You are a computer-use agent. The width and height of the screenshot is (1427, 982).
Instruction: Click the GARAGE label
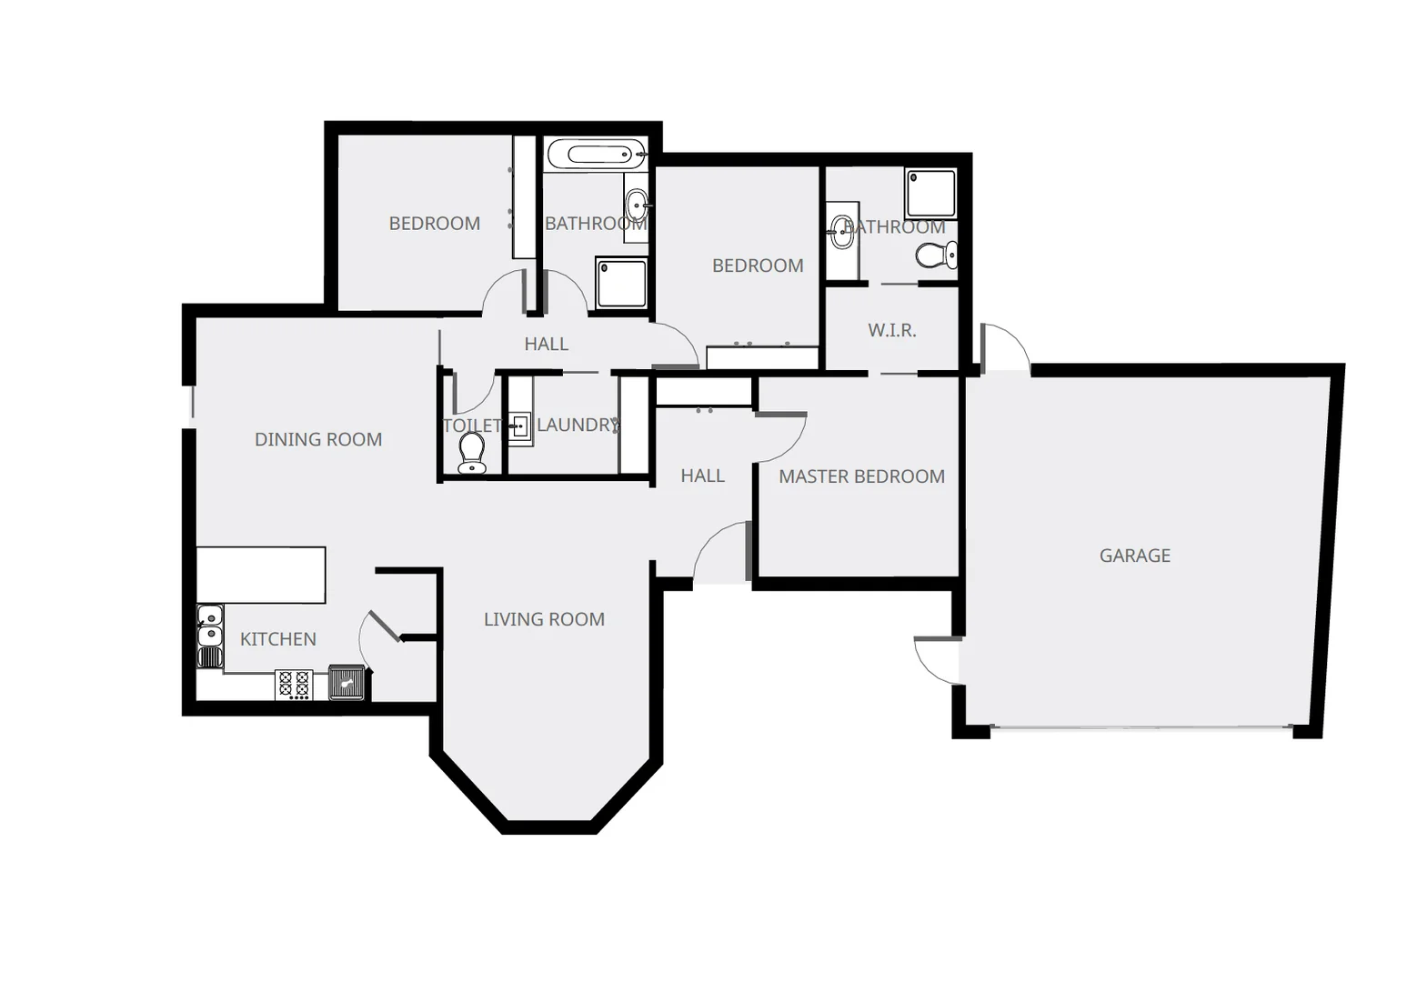(x=1134, y=556)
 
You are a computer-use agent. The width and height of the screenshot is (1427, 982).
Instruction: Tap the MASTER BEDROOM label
(x=861, y=476)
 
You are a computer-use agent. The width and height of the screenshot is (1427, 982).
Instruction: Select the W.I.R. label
(x=891, y=330)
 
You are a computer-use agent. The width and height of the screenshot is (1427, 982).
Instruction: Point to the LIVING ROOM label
(x=544, y=619)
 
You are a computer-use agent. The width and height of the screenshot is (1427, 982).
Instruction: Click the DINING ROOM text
(x=317, y=439)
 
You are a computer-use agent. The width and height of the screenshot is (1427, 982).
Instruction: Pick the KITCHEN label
(x=277, y=639)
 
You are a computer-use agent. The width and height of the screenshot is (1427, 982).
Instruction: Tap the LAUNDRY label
(x=577, y=425)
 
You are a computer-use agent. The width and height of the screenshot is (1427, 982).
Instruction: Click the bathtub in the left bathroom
(x=596, y=154)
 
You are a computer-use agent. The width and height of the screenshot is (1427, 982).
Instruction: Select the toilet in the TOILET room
(x=471, y=452)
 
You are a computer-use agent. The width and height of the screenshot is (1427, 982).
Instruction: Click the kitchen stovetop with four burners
(x=294, y=684)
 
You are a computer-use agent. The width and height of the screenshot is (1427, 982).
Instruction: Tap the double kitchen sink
(x=210, y=625)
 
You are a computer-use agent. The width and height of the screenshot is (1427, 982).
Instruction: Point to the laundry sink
(x=519, y=426)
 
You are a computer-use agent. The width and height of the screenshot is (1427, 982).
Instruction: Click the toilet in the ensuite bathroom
(x=936, y=255)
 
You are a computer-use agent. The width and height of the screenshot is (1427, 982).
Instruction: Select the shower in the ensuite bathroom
(x=930, y=193)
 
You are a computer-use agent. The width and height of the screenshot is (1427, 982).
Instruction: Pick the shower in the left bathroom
(x=621, y=283)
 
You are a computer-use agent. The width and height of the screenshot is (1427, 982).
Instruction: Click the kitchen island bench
(x=261, y=575)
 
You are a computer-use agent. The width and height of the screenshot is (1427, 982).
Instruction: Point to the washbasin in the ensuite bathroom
(x=841, y=232)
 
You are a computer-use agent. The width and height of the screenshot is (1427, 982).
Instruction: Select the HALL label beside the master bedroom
(x=702, y=476)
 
